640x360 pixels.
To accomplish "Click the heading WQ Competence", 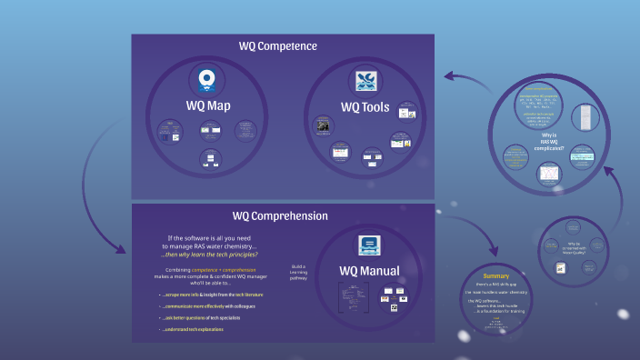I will (x=278, y=45).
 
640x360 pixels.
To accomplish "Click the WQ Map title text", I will (x=208, y=105).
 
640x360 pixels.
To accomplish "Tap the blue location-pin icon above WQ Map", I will (x=208, y=79).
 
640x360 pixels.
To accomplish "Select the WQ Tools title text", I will (x=365, y=107).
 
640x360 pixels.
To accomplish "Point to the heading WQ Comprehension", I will (x=279, y=215).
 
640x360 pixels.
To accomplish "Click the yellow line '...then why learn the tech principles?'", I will (x=210, y=255).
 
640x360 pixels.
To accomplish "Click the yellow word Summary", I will (x=495, y=275).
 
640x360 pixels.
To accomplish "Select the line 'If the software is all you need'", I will (x=210, y=239).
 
